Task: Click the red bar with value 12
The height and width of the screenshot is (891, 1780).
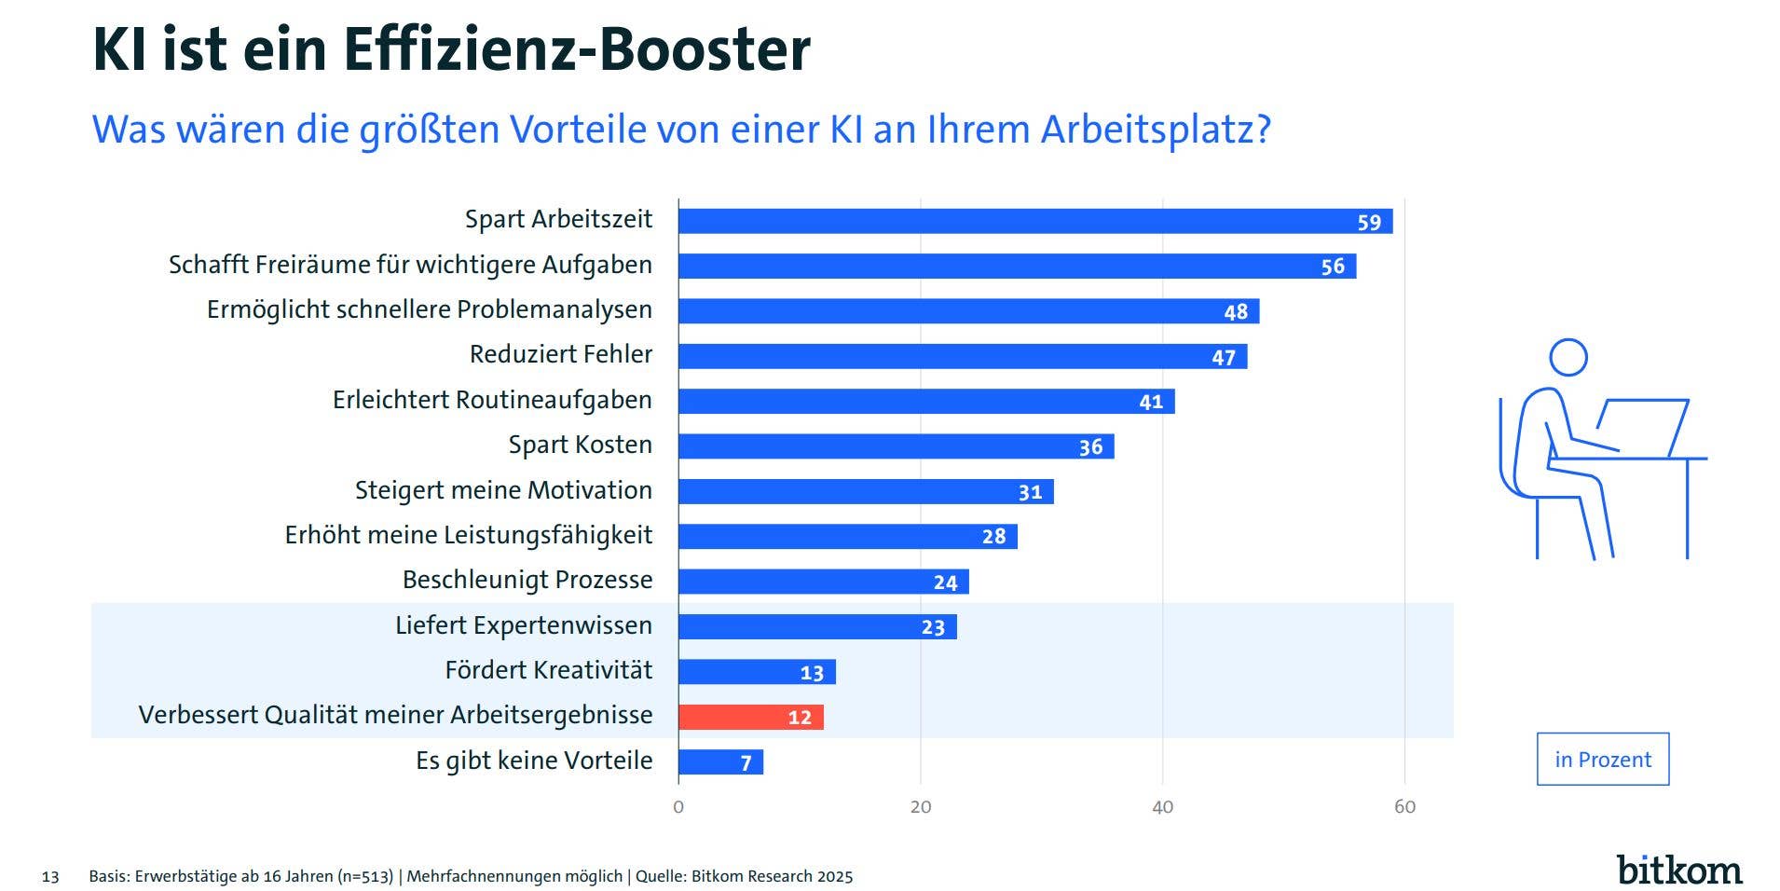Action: tap(750, 717)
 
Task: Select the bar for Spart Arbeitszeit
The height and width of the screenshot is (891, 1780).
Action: tap(1034, 221)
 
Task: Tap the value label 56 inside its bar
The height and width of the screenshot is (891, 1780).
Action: tap(1333, 267)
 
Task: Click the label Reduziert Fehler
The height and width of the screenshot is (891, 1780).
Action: tap(560, 354)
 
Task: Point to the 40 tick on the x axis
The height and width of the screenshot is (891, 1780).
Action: tap(1162, 807)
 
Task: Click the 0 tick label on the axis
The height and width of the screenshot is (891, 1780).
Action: tap(678, 807)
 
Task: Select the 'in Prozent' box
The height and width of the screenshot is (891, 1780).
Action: tap(1602, 760)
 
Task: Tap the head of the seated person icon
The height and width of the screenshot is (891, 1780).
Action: tap(1568, 357)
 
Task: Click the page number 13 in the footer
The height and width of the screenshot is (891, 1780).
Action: tap(50, 877)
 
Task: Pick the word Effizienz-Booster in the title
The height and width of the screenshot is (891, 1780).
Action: tap(577, 49)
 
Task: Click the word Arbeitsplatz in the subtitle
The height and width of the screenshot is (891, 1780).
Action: tap(1155, 130)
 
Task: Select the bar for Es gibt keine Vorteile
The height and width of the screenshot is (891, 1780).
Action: tap(719, 762)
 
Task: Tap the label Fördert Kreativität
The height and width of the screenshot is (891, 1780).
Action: tap(548, 670)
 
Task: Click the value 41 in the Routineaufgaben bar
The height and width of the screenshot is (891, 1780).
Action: tap(1151, 402)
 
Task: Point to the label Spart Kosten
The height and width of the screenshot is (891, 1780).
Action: tap(580, 445)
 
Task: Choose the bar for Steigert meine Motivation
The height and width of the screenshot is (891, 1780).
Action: tap(865, 491)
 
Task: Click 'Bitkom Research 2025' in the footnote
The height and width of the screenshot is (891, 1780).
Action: tap(772, 877)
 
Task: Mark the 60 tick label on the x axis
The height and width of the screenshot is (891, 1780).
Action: tap(1404, 807)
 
